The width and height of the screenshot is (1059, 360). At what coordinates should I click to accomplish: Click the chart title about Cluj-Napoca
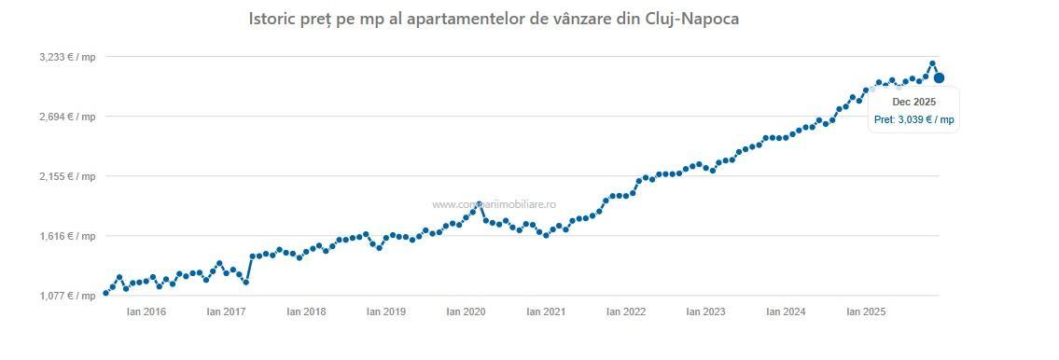click(x=494, y=19)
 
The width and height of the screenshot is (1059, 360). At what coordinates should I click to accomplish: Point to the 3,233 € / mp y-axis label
click(x=67, y=57)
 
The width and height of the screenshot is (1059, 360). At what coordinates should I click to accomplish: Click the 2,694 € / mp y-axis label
click(x=67, y=117)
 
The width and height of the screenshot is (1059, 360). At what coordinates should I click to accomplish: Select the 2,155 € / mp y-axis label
click(x=67, y=176)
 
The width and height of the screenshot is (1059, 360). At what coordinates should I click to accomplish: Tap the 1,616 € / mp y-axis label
click(x=67, y=236)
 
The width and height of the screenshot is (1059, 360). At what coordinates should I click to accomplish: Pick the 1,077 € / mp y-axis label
click(x=67, y=296)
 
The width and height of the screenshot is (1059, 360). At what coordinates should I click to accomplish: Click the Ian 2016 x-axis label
click(x=146, y=312)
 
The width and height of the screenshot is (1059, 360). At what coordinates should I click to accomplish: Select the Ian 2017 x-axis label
click(x=226, y=312)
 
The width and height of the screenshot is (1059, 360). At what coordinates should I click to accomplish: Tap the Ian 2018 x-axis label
click(x=306, y=312)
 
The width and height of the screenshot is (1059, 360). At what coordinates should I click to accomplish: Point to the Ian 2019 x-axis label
click(x=386, y=312)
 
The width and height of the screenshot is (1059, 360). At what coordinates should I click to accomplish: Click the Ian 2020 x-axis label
click(x=466, y=312)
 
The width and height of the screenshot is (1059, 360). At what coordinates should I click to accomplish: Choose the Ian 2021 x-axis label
click(x=546, y=312)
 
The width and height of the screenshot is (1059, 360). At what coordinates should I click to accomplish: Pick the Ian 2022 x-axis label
click(x=626, y=312)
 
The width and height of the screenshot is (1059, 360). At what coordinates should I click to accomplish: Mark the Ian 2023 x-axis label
click(x=705, y=312)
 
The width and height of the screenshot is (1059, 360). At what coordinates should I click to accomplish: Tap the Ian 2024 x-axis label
click(x=786, y=312)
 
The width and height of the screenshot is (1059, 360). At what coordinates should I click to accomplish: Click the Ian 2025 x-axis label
click(x=866, y=312)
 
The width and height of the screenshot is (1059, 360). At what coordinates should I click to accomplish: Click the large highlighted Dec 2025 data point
click(x=939, y=78)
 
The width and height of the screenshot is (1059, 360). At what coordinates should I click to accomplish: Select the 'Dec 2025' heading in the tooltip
click(x=913, y=102)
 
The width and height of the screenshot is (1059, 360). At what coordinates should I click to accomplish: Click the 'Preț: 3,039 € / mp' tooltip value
click(x=913, y=119)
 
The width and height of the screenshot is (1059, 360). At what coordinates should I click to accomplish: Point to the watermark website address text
click(x=495, y=203)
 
